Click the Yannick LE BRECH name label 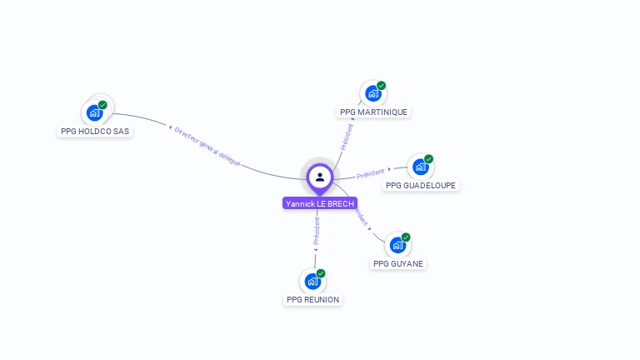pos(320,203)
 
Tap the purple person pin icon pos(320,177)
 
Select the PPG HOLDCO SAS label pos(96,131)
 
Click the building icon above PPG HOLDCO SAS pos(95,112)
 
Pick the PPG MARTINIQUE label pos(373,112)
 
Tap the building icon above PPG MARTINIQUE pos(372,93)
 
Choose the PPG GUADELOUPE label pos(422,185)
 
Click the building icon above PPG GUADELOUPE pos(420,167)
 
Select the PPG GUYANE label pos(398,263)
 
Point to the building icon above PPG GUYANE pos(397,245)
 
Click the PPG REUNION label pos(313,299)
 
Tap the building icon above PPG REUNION pos(312,281)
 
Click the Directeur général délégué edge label pos(207,147)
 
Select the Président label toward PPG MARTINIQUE pos(347,134)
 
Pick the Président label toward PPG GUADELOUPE pos(371,174)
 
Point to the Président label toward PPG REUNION pos(317,232)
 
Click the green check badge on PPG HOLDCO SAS pos(102,105)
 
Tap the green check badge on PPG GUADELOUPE pos(428,159)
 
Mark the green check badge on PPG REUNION pos(321,273)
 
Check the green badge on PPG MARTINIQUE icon pos(381,86)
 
